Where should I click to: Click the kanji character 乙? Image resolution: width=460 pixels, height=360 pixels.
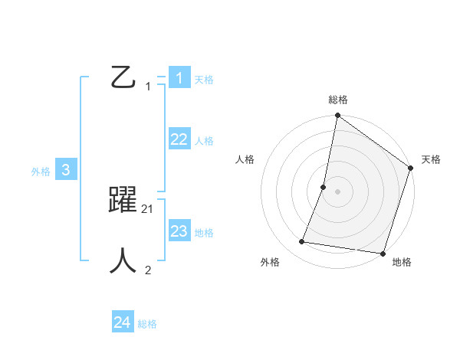pyautogui.click(x=123, y=77)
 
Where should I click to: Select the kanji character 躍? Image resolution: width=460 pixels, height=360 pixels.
pyautogui.click(x=123, y=200)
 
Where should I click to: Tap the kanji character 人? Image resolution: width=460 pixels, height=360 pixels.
pyautogui.click(x=123, y=260)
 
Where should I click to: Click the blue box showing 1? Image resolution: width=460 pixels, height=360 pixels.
pyautogui.click(x=179, y=77)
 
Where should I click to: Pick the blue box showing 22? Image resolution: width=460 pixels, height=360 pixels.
pyautogui.click(x=179, y=139)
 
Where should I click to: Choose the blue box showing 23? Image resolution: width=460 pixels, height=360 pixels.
pyautogui.click(x=179, y=231)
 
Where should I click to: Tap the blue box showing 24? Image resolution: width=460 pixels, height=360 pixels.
pyautogui.click(x=122, y=322)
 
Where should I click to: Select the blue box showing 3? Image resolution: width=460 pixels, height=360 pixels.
pyautogui.click(x=66, y=170)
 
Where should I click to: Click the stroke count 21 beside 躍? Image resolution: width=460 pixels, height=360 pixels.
pyautogui.click(x=148, y=208)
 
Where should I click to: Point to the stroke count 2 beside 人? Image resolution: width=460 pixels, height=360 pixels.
pyautogui.click(x=148, y=270)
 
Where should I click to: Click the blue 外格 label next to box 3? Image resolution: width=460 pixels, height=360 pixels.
pyautogui.click(x=41, y=172)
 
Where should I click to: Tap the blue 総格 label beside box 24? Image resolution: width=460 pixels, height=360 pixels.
pyautogui.click(x=147, y=324)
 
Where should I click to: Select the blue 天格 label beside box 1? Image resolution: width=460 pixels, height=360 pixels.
pyautogui.click(x=204, y=80)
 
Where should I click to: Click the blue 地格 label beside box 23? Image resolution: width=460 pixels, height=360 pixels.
pyautogui.click(x=204, y=233)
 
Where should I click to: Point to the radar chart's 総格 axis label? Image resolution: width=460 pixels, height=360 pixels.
pyautogui.click(x=338, y=100)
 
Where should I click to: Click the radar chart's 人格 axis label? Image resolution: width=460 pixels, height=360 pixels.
pyautogui.click(x=245, y=159)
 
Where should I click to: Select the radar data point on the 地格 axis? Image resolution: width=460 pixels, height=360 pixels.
pyautogui.click(x=383, y=254)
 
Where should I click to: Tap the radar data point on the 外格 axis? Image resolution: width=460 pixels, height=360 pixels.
pyautogui.click(x=302, y=242)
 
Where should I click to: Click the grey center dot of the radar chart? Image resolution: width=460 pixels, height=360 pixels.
pyautogui.click(x=337, y=191)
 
